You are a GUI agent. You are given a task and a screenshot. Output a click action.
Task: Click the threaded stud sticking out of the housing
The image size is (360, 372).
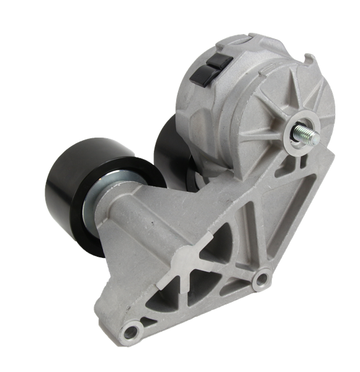308,133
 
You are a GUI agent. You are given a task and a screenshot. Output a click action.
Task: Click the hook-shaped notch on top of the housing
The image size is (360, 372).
308,60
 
